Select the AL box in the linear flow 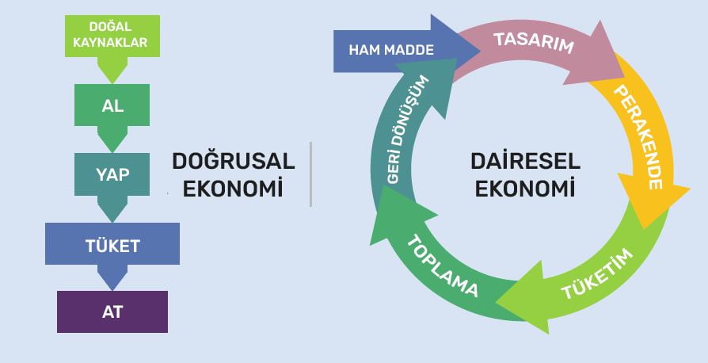click(x=112, y=105)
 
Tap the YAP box click(x=112, y=175)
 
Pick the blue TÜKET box click(x=112, y=245)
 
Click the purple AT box click(x=112, y=311)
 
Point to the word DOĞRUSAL click(x=233, y=162)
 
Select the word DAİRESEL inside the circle click(x=525, y=162)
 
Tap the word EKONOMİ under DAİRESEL click(x=525, y=189)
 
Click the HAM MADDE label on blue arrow click(x=391, y=50)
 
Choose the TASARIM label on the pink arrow click(x=533, y=43)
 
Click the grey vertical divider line click(x=310, y=174)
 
